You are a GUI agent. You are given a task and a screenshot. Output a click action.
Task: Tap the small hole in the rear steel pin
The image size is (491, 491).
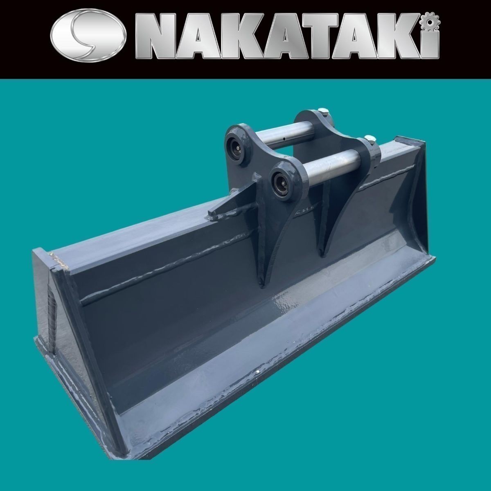tap(284, 139)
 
